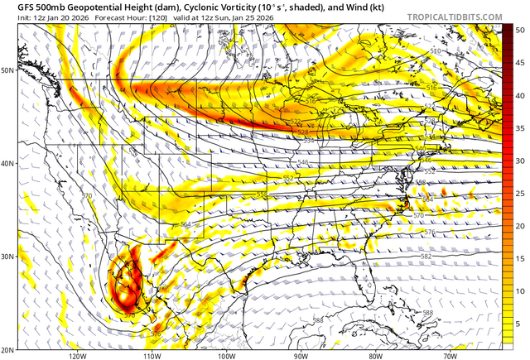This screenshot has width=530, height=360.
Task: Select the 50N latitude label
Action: (x=8, y=70)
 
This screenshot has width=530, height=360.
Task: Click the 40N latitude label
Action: (x=8, y=163)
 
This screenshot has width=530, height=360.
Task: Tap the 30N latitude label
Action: (x=8, y=257)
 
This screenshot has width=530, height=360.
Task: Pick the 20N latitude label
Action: (x=8, y=349)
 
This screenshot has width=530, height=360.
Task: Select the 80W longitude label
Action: (x=374, y=356)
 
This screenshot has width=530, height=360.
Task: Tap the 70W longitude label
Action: (x=449, y=356)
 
